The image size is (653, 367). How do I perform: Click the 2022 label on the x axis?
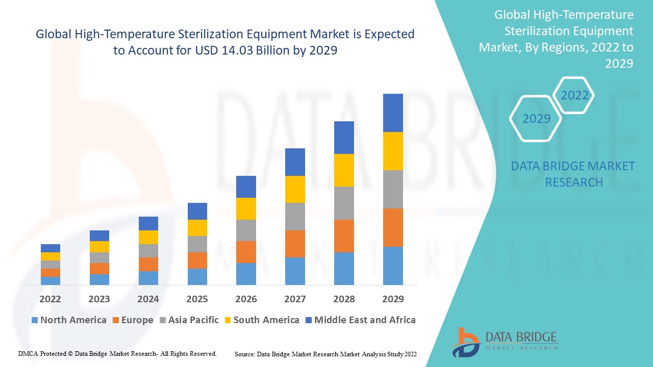pyautogui.click(x=50, y=299)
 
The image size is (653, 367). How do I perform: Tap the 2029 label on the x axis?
pyautogui.click(x=393, y=299)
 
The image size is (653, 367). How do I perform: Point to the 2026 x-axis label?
pyautogui.click(x=246, y=299)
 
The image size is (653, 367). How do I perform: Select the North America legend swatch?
pyautogui.click(x=35, y=320)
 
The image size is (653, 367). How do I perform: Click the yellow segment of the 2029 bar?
pyautogui.click(x=393, y=151)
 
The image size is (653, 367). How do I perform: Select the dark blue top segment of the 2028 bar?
pyautogui.click(x=344, y=138)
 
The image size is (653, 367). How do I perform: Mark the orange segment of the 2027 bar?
pyautogui.click(x=295, y=244)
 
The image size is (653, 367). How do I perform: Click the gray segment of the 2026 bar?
pyautogui.click(x=246, y=230)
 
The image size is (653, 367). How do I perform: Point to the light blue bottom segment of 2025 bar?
pyautogui.click(x=197, y=276)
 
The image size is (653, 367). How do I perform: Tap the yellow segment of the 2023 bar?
pyautogui.click(x=99, y=247)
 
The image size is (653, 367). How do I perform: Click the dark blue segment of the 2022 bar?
pyautogui.click(x=50, y=248)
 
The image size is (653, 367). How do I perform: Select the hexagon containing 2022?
pyautogui.click(x=574, y=95)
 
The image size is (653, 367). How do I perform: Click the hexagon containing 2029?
pyautogui.click(x=536, y=119)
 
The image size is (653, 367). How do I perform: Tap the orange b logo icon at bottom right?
pyautogui.click(x=465, y=341)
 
